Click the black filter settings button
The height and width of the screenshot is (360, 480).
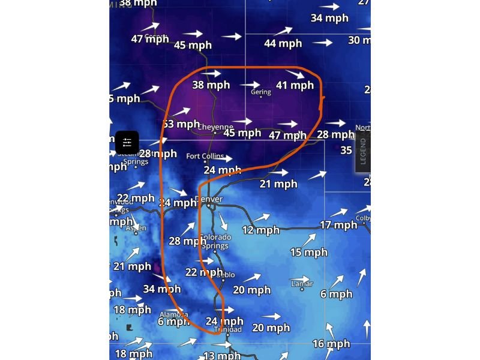[x=127, y=142]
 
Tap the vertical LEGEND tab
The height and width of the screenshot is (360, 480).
[x=362, y=151]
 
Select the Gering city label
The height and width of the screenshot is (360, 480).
[x=261, y=92]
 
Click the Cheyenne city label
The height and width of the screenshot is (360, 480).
[x=215, y=127]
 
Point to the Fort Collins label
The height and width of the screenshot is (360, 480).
[x=205, y=157]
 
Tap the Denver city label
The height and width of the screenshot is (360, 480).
[x=209, y=199]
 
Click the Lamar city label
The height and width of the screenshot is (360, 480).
[x=302, y=283]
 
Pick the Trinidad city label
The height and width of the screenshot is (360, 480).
[x=228, y=329]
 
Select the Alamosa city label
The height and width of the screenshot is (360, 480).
[x=173, y=314]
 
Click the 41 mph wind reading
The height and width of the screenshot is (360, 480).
[x=295, y=85]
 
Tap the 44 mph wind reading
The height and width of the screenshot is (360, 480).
[x=283, y=43]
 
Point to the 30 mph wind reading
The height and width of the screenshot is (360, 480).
[x=359, y=40]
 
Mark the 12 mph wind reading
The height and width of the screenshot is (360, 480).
[x=261, y=230]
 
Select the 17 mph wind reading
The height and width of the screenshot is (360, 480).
[x=338, y=225]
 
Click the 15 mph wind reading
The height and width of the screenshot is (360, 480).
[x=308, y=252]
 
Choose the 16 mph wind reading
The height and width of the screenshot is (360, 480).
[x=331, y=344]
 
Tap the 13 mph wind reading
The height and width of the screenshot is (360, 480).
[x=222, y=355]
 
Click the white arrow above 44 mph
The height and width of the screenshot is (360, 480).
[x=283, y=30]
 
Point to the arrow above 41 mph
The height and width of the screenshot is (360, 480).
[x=295, y=74]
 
